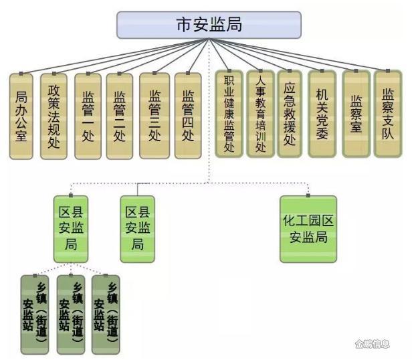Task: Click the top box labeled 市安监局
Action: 208,25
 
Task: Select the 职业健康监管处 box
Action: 229,114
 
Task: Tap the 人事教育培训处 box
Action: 260,114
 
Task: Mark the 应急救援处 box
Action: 290,114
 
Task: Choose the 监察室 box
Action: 356,114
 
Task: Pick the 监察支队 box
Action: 388,114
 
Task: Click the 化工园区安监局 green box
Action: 308,229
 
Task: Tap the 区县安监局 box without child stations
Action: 137,228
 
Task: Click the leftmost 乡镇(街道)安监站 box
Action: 35,314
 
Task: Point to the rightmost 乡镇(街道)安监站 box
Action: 106,314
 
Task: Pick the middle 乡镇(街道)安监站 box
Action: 70,314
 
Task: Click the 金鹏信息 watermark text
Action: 372,345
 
